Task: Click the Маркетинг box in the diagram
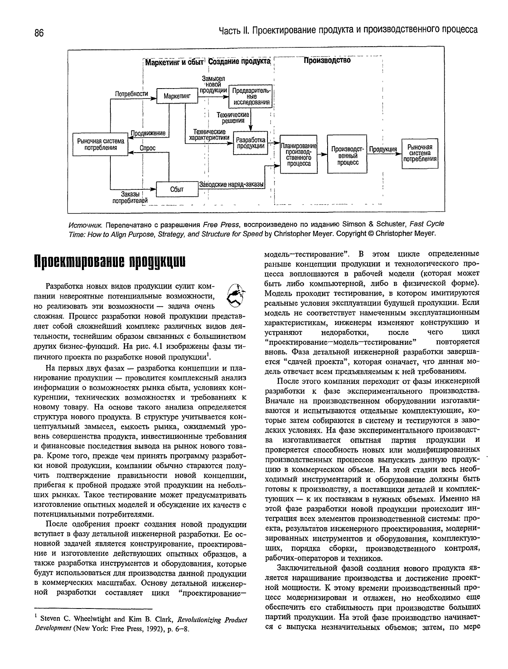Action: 177,96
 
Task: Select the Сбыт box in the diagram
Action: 176,189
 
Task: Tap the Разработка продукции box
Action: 250,143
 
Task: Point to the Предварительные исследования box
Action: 251,96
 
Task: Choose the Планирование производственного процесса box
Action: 298,155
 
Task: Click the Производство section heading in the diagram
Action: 327,61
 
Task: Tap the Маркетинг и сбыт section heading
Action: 174,63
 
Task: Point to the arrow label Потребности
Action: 131,94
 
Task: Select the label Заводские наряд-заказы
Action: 231,185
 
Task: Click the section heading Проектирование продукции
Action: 109,263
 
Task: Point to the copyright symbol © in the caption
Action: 371,234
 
